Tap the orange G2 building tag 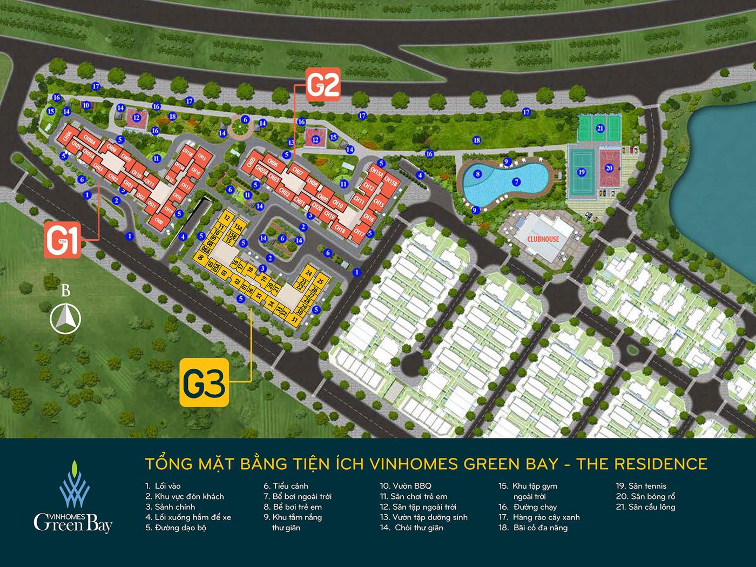tap(323, 85)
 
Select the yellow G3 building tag tap(204, 382)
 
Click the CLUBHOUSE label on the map tap(544, 239)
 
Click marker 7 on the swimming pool tap(516, 182)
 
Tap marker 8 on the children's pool tap(477, 174)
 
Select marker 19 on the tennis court tap(581, 172)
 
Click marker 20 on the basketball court tap(609, 168)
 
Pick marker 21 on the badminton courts tap(600, 128)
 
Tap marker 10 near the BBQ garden tap(85, 105)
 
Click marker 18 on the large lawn tap(476, 140)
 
